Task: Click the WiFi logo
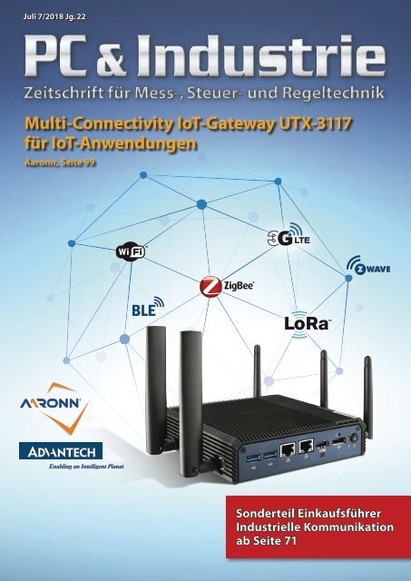click(x=131, y=252)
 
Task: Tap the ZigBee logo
click(x=227, y=287)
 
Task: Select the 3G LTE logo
click(x=289, y=235)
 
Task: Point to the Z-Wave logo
click(x=368, y=265)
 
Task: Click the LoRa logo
click(x=307, y=322)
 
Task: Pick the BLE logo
click(x=148, y=307)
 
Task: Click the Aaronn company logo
click(x=54, y=408)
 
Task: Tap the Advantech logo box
click(x=61, y=451)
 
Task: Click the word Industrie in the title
click(x=261, y=55)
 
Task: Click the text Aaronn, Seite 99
click(x=60, y=162)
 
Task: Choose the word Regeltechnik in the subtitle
click(x=333, y=93)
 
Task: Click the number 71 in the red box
click(x=290, y=541)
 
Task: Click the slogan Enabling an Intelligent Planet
click(x=86, y=467)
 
